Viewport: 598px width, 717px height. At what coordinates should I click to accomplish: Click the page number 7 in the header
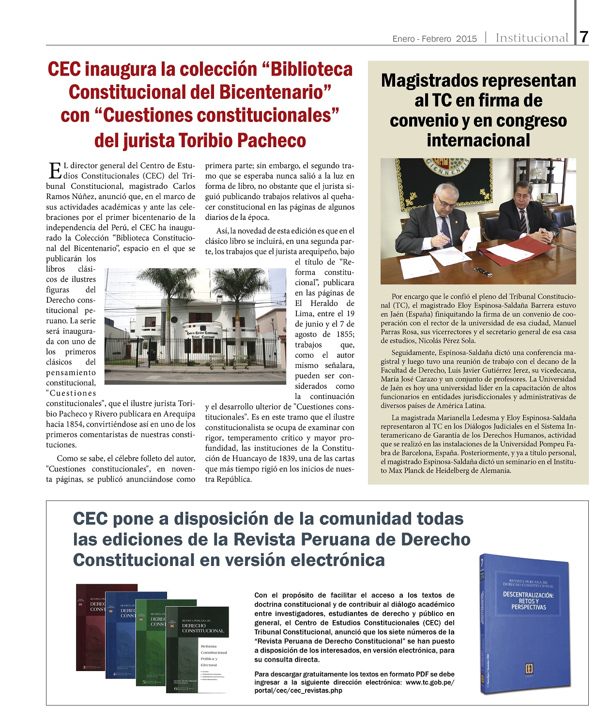(584, 37)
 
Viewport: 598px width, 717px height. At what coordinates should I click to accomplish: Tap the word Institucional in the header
(532, 38)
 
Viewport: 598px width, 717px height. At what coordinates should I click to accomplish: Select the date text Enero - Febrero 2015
(434, 39)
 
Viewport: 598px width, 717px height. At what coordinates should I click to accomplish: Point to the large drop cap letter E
(55, 170)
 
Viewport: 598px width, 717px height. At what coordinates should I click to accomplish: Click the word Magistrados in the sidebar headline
(429, 80)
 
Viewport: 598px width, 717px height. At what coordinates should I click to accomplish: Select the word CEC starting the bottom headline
(90, 519)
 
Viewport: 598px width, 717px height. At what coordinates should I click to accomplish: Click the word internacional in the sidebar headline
(478, 140)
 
